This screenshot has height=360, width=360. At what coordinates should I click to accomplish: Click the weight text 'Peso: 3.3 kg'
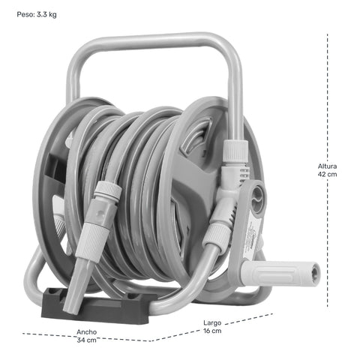point(37,14)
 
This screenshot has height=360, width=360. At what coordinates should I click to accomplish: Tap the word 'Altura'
point(327,166)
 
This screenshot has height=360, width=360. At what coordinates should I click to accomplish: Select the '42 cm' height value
point(327,174)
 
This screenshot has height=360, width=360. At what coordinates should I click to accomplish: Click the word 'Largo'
point(212,322)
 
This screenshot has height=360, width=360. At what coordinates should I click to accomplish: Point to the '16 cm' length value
point(212,331)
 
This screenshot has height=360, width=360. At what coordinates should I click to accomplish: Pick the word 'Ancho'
point(86,332)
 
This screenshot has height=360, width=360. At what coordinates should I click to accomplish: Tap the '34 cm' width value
point(86,340)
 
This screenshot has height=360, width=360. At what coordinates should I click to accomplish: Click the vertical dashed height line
point(328,170)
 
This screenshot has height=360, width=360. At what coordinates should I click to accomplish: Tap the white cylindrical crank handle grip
point(280,273)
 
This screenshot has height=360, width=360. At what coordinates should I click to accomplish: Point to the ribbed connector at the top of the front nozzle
point(108,190)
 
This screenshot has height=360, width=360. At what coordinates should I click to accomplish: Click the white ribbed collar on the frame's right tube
point(235,151)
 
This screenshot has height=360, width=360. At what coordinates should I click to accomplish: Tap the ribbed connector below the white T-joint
point(217,235)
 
